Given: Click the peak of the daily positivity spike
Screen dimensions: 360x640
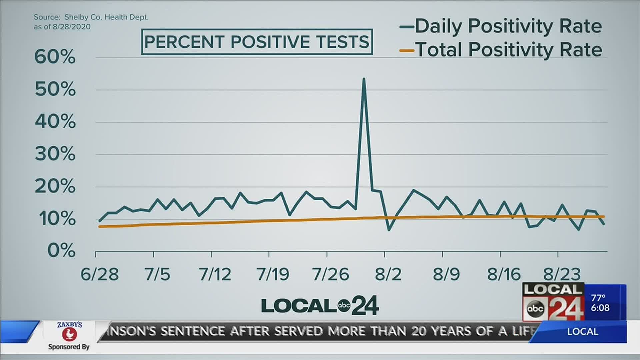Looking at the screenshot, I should point(364,79).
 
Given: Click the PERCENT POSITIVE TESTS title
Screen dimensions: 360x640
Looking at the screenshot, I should point(257,42).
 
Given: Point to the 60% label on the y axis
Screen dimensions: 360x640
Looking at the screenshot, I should point(55,57).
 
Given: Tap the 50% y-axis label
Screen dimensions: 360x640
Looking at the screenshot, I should point(55,90).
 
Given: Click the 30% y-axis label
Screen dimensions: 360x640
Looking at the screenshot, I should point(55,154).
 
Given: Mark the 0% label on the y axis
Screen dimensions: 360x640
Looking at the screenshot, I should point(61,251).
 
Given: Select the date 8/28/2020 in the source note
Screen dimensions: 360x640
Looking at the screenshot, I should point(71,27).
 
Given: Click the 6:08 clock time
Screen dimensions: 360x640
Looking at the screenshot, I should point(600,308).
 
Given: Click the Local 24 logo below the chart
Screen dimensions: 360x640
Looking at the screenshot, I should point(320,305).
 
